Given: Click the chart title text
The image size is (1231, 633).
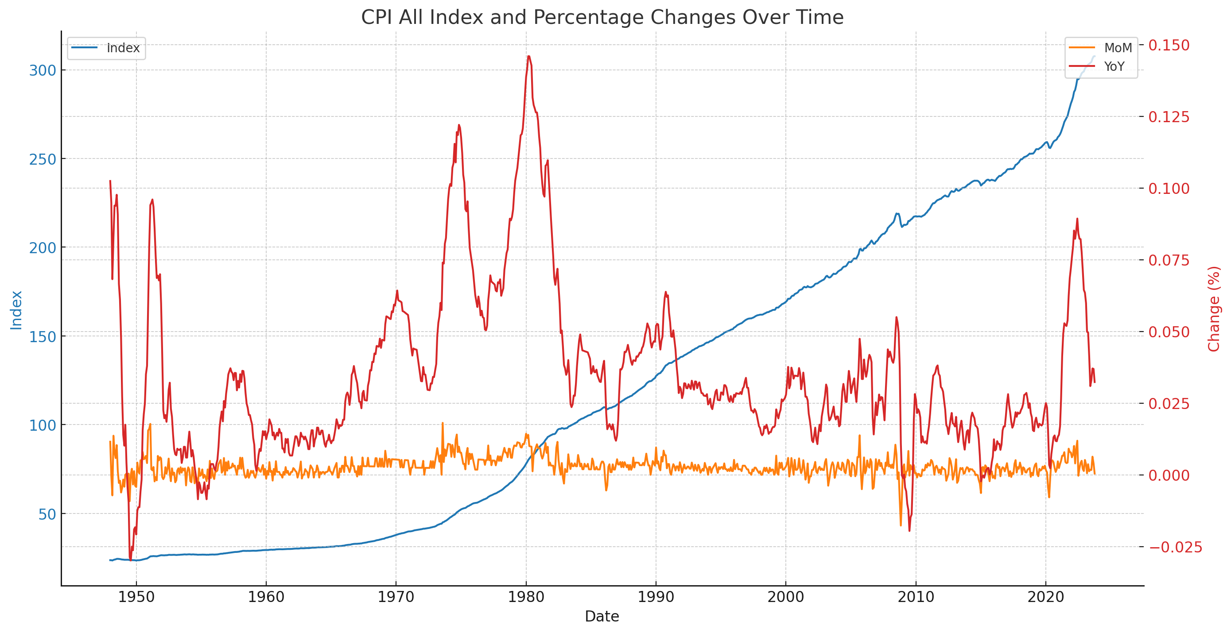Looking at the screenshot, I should point(602,18).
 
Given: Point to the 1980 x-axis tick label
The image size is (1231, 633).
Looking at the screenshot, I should point(526,597).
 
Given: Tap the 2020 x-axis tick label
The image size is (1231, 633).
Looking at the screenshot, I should point(1045,597).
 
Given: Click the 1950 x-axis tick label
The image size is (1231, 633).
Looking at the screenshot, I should point(136,597).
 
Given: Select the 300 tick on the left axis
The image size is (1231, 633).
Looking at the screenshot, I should point(43,71).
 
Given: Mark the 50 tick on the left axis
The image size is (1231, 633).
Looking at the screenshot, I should point(47,514).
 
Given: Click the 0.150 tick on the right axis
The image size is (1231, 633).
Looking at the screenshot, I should point(1169,45).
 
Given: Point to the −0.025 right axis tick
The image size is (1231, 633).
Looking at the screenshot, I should point(1175,547).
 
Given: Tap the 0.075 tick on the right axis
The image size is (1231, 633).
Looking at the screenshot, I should point(1169,260).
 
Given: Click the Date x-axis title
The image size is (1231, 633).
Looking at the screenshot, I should point(602,616).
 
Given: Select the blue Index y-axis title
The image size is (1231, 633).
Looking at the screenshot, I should point(16,310).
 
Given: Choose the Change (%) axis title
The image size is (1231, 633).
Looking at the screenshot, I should point(1214,309).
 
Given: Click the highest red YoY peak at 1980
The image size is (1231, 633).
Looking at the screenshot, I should point(528,56).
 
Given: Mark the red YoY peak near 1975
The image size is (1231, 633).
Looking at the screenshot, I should point(459,125).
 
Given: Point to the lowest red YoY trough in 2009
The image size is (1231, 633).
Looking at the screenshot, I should point(909,530).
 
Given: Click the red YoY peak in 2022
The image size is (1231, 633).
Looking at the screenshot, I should point(1077,219).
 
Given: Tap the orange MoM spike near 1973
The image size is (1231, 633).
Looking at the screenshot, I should point(443,423).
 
